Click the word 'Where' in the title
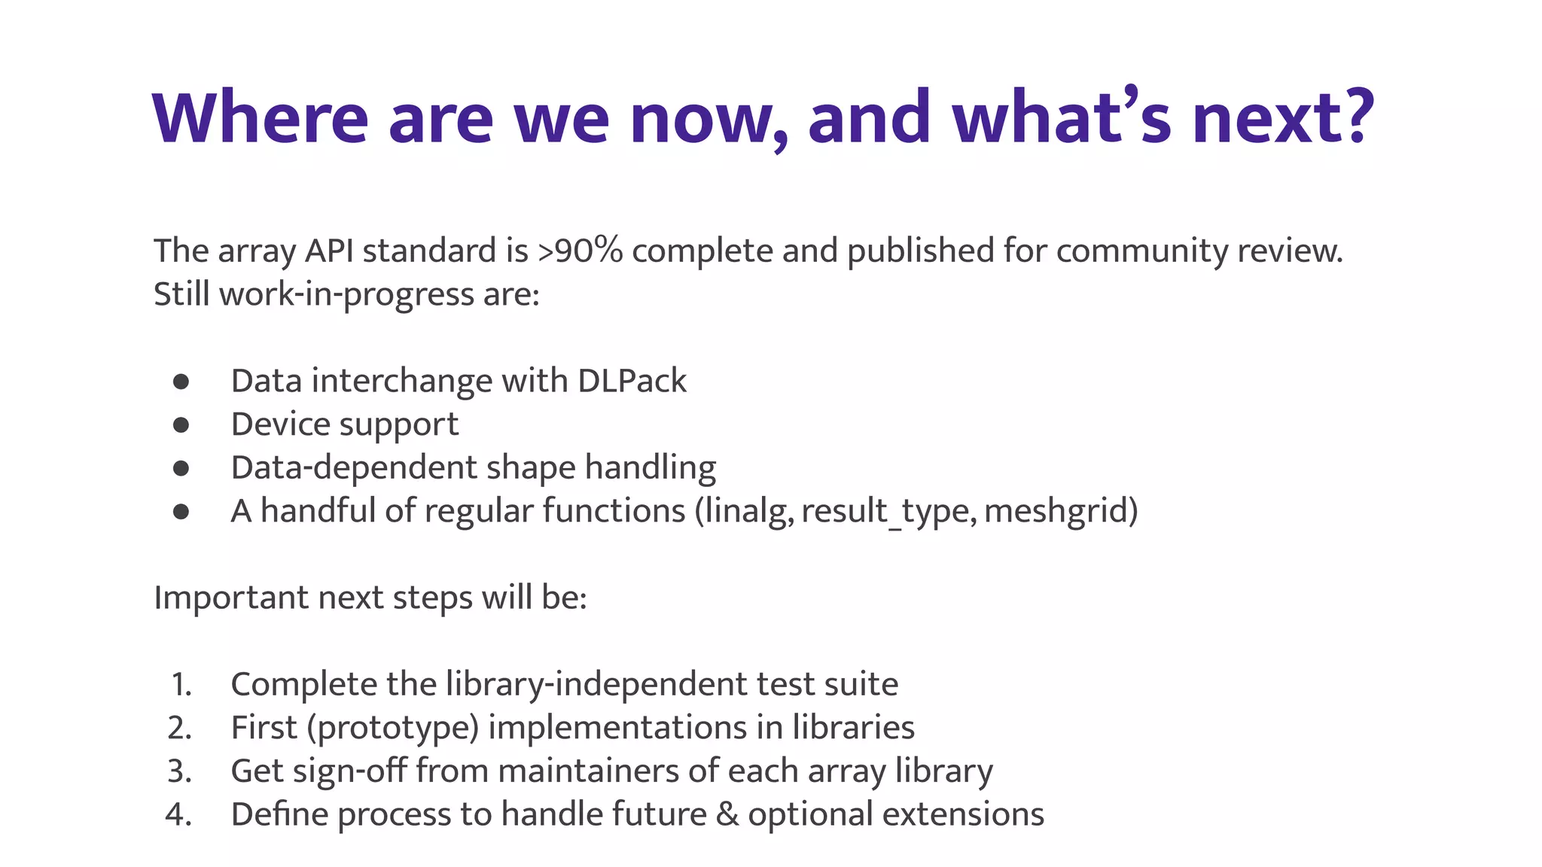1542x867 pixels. [x=261, y=118]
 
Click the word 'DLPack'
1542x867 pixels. [x=632, y=381]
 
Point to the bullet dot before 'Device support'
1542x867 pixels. [x=181, y=425]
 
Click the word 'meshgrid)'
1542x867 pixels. [x=1061, y=511]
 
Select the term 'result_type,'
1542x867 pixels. [x=889, y=511]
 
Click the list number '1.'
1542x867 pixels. [x=181, y=684]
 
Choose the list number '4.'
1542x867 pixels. [x=179, y=814]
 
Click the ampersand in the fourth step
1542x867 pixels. [x=727, y=814]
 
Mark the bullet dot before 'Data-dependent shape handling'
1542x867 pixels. [x=181, y=468]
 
